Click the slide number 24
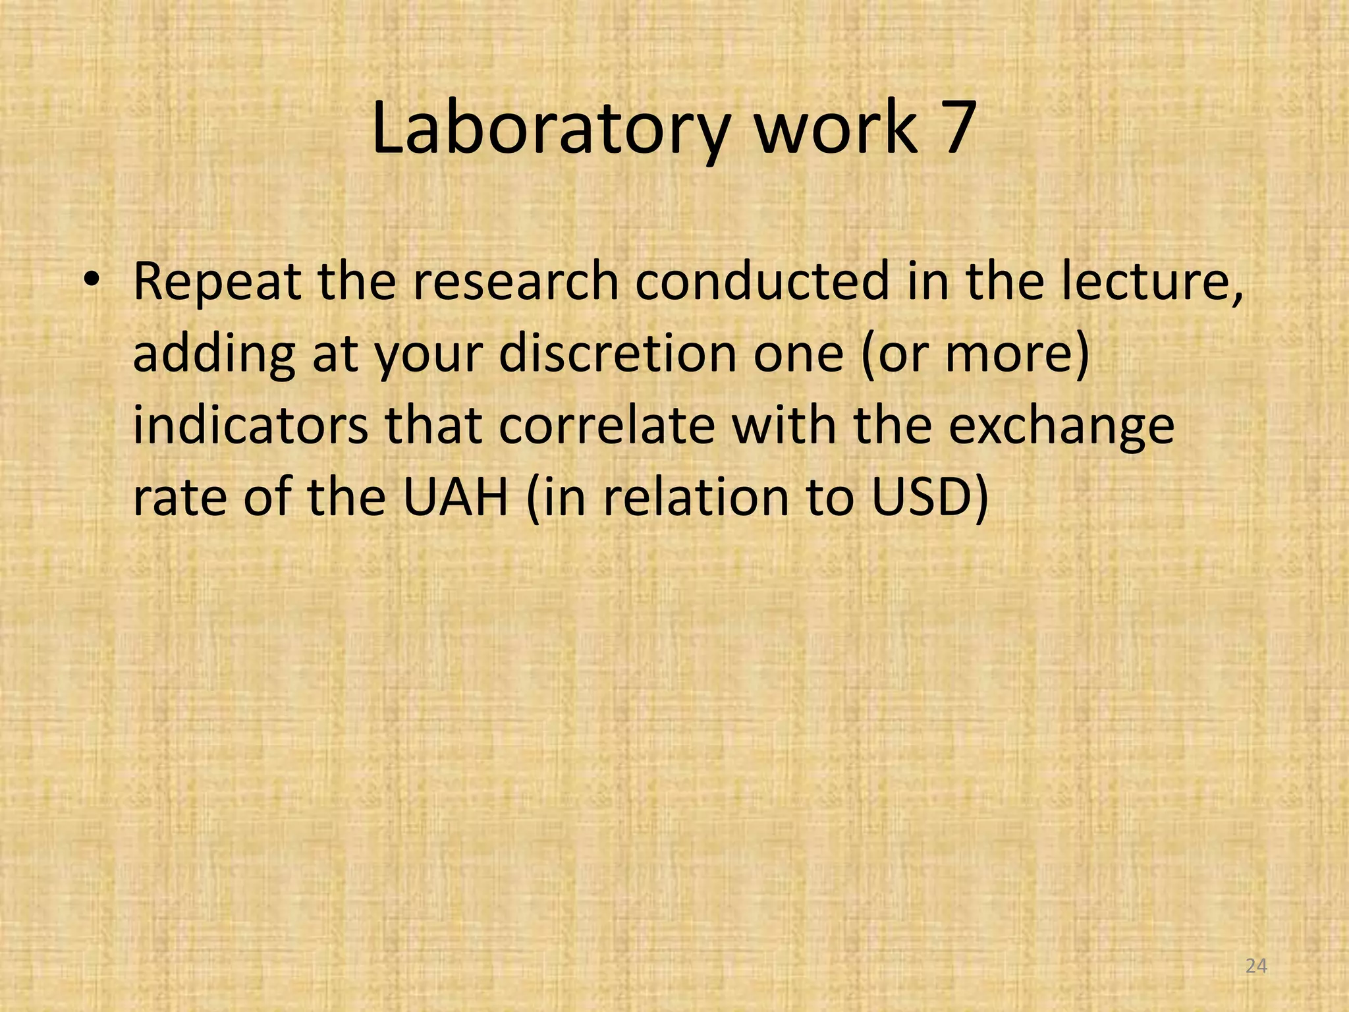coord(1257,967)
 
